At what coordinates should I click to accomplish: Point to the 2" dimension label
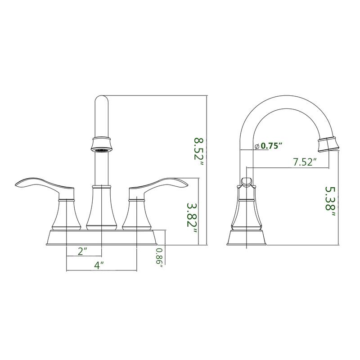[82, 252]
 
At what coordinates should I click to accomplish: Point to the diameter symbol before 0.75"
[256, 146]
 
